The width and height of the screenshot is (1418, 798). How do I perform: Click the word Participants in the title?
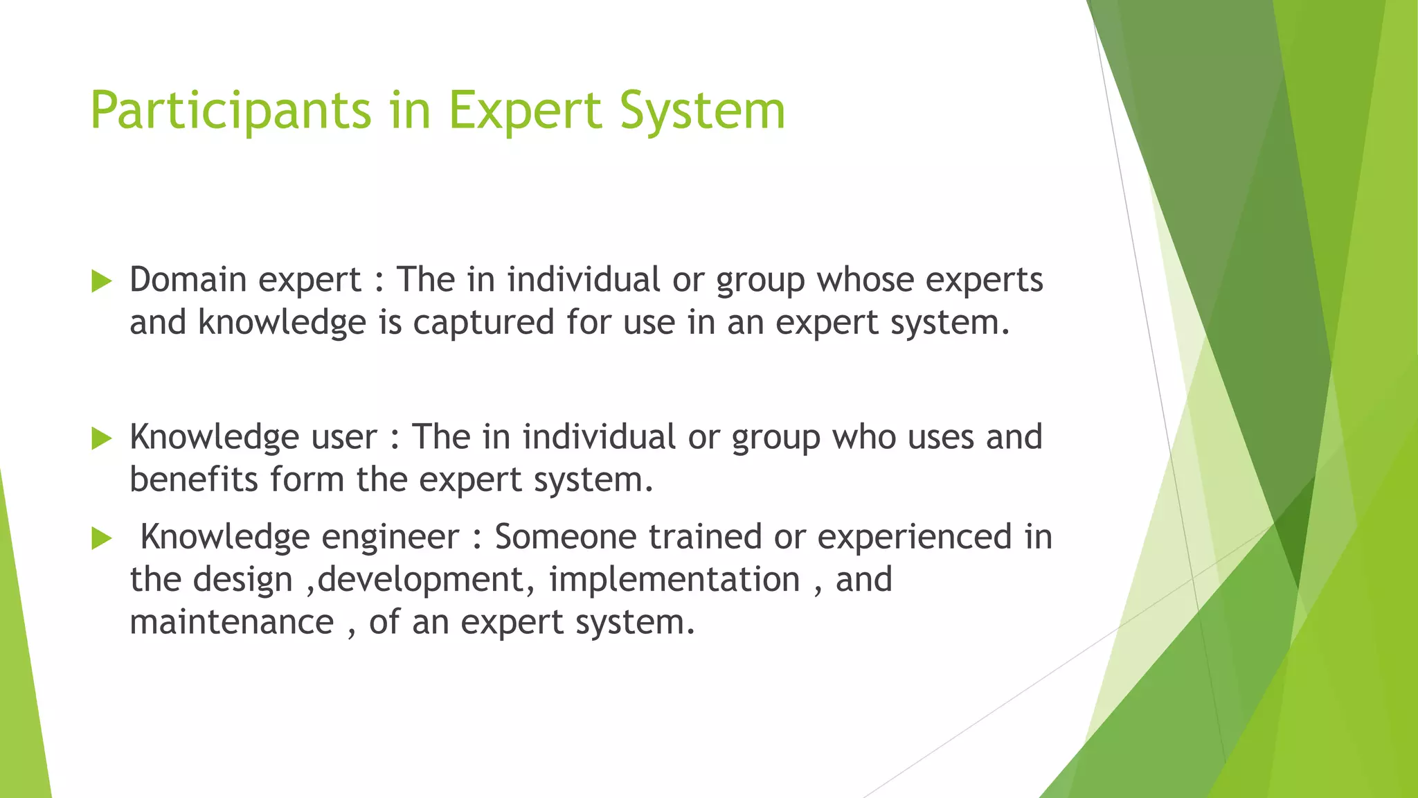[231, 111]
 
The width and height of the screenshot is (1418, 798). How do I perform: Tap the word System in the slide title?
[702, 111]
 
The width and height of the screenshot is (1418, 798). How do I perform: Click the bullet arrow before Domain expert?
[101, 281]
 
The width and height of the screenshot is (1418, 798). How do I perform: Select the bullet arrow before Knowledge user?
[101, 438]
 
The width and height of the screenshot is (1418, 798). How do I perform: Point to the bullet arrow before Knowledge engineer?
[101, 538]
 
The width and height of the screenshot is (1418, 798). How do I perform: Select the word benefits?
[193, 479]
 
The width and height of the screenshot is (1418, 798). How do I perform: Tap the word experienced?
[914, 538]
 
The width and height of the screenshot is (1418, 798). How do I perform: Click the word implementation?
[674, 580]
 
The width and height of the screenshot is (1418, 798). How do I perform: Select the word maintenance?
[231, 622]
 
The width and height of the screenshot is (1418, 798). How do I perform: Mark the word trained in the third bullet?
[705, 537]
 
